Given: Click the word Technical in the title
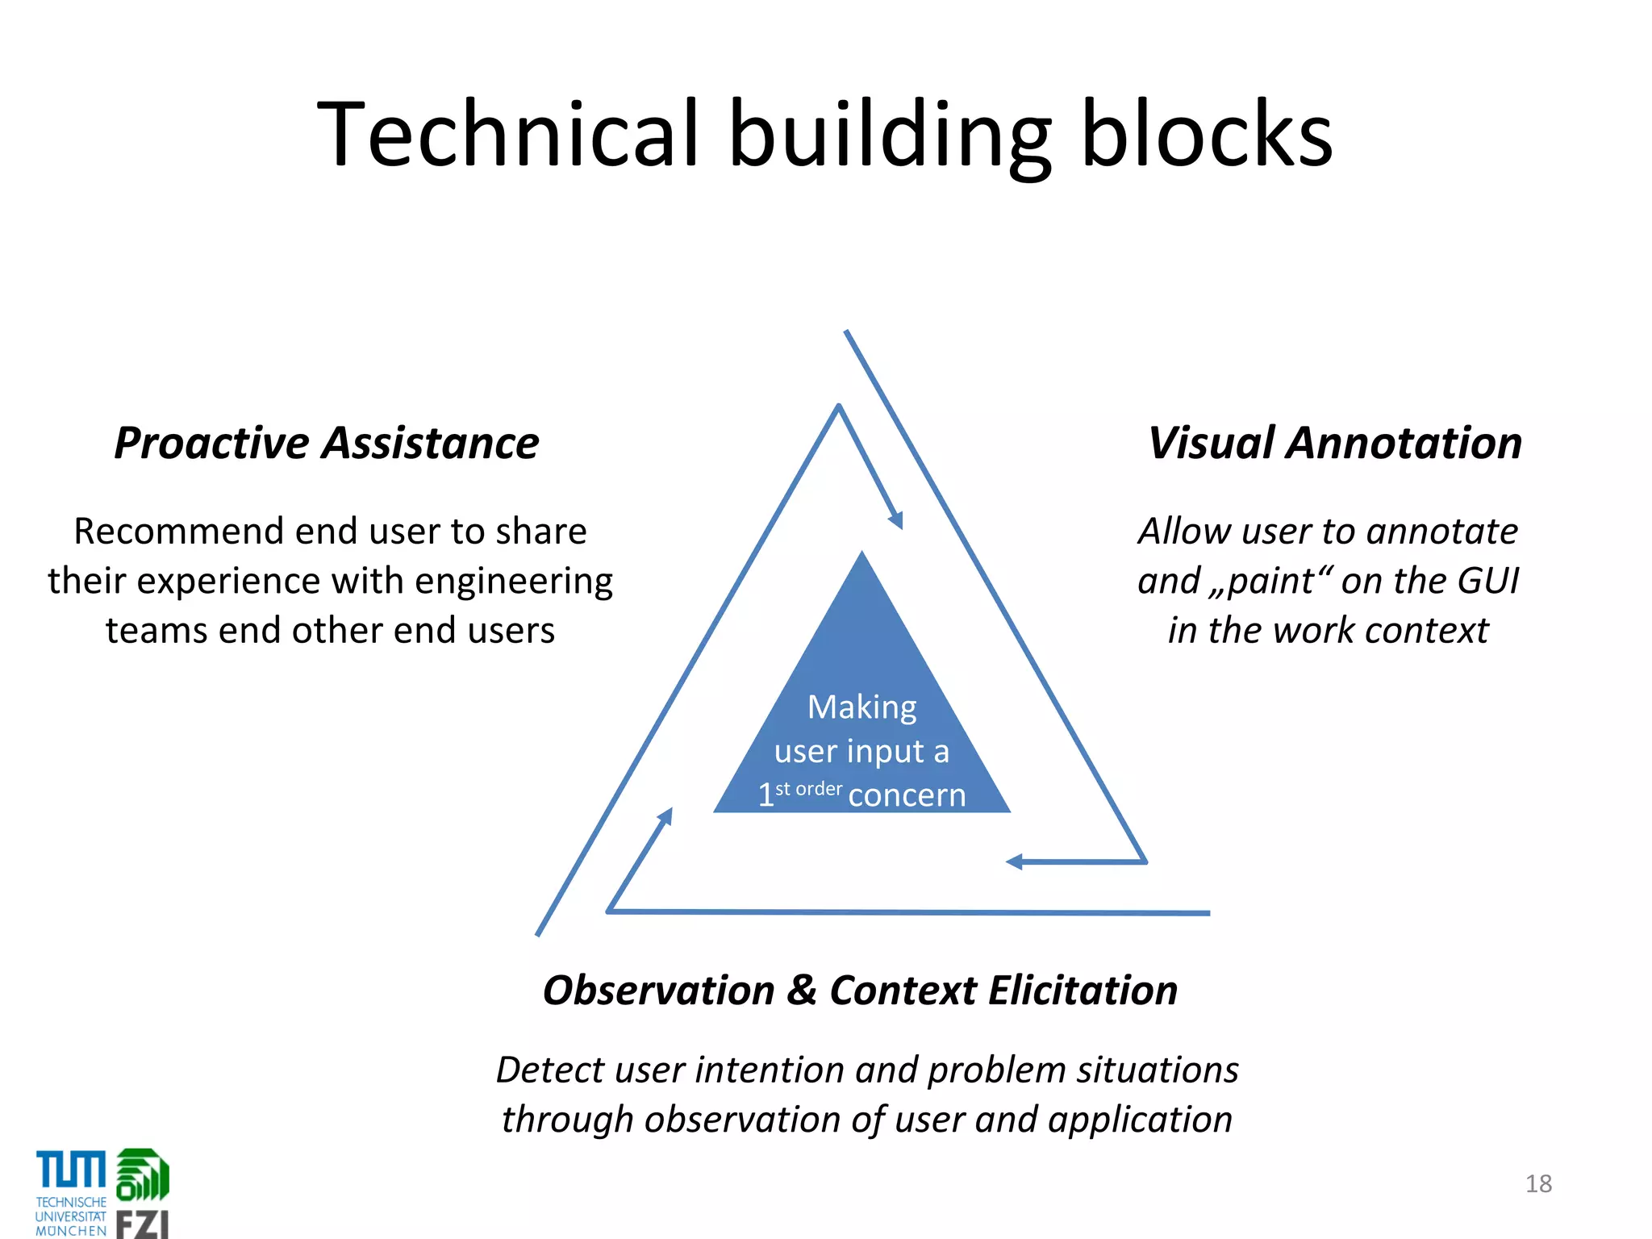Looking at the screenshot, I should (x=507, y=133).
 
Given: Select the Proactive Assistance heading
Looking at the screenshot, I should (x=327, y=443).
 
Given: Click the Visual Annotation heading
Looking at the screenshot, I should (x=1335, y=443).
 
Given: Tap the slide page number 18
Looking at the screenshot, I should (x=1538, y=1183).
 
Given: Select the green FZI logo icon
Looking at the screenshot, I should (x=143, y=1174).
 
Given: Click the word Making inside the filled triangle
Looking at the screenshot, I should (x=861, y=707).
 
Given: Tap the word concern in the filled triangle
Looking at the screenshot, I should (x=907, y=795).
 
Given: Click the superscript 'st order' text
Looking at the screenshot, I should (x=808, y=789).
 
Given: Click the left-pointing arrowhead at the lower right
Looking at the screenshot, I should (x=1014, y=862).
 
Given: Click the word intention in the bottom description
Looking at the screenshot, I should (x=770, y=1070).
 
